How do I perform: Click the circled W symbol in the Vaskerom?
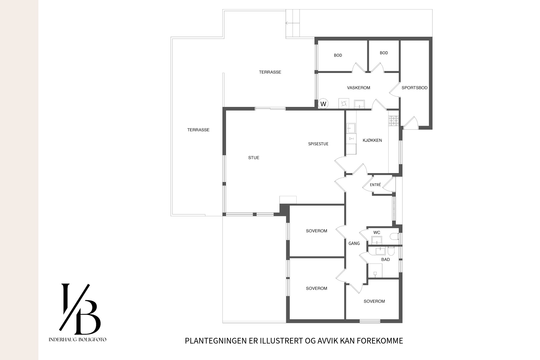tap(323, 104)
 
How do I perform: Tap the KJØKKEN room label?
tap(372, 140)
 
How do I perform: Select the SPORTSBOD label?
tap(414, 88)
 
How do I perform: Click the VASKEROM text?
tap(359, 88)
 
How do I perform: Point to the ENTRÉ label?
tap(375, 185)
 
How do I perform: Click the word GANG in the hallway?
tap(354, 243)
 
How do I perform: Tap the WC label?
tap(377, 233)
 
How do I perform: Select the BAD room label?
tap(386, 260)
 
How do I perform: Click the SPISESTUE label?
tap(318, 144)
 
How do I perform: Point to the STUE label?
tap(254, 158)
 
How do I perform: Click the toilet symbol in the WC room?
tap(394, 237)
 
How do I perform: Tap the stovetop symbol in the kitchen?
tap(394, 121)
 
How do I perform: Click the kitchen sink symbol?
tap(351, 128)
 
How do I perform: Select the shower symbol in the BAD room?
tap(375, 271)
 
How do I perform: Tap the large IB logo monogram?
tap(80, 309)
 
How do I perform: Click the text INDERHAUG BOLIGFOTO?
tap(77, 339)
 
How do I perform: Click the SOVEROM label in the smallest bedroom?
tap(374, 301)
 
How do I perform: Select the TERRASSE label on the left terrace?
tap(198, 130)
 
